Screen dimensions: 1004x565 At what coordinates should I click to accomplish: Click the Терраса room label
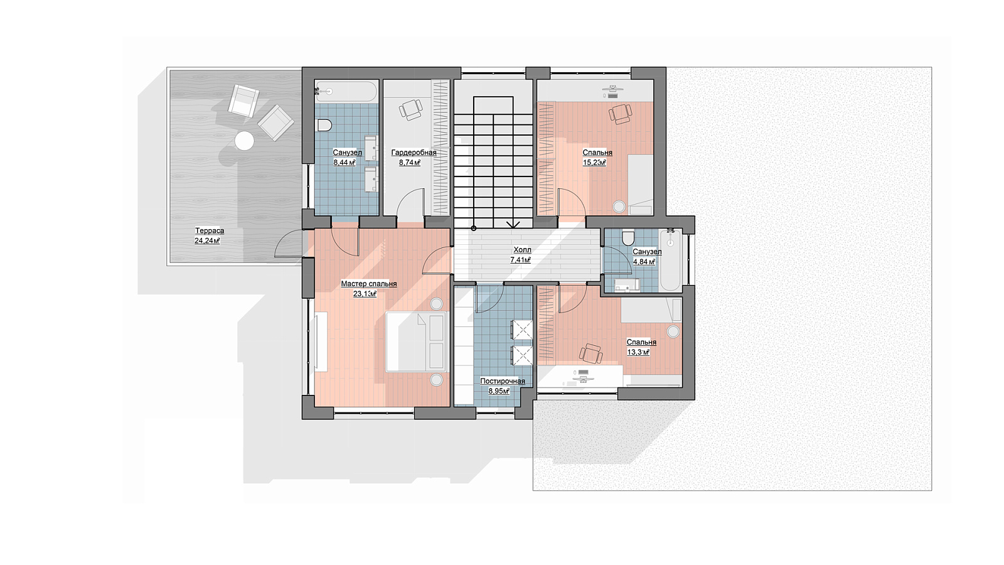[210, 230]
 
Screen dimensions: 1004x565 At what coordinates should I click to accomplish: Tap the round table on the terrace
[244, 141]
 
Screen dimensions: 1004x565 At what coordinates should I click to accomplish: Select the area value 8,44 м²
[344, 163]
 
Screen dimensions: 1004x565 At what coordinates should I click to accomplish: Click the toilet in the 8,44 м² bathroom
[324, 125]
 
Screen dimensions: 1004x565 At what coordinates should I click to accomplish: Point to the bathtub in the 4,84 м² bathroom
[671, 260]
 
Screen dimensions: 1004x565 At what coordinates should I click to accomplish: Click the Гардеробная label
[414, 153]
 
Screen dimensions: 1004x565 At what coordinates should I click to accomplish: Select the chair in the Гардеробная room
[410, 109]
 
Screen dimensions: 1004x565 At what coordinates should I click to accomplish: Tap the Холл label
[522, 250]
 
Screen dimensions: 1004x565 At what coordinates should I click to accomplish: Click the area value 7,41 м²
[520, 260]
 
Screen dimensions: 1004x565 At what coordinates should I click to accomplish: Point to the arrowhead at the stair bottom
[513, 225]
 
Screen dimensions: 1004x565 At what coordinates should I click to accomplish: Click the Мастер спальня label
[369, 284]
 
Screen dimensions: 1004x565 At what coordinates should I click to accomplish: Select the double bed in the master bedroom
[416, 342]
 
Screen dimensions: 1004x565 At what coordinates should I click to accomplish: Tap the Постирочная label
[503, 381]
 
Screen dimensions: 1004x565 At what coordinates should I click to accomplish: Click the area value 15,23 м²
[594, 163]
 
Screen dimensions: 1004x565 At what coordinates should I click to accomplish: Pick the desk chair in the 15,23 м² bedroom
[620, 114]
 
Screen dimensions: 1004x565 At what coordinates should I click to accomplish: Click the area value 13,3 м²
[638, 352]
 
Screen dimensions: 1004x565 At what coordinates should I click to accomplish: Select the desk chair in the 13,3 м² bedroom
[590, 354]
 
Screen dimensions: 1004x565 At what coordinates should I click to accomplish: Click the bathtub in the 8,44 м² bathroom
[345, 92]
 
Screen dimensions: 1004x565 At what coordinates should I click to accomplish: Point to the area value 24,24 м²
[207, 241]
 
